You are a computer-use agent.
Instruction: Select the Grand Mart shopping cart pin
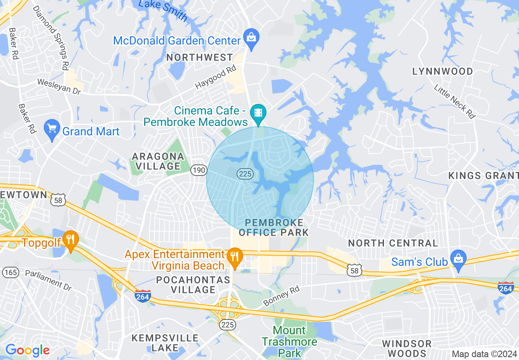52,129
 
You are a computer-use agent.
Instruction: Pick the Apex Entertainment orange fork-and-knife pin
235,257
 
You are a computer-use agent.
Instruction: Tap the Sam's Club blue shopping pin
458,259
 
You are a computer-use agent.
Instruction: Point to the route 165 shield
10,272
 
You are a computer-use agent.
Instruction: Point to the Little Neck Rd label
455,101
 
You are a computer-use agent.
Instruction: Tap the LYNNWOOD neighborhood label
442,71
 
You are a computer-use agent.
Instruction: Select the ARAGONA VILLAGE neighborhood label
158,161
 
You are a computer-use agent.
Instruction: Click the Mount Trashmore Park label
289,341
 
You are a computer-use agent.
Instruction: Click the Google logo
27,350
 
